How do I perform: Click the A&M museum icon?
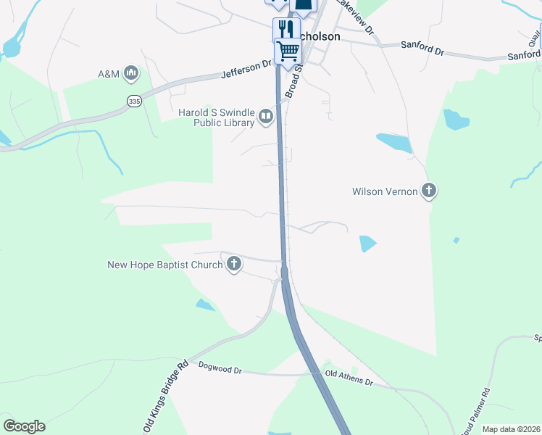[131, 72]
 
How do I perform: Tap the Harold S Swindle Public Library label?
[217, 117]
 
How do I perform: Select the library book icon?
[267, 116]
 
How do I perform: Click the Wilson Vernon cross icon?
[429, 191]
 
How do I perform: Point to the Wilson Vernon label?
[385, 192]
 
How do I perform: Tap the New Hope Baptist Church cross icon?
[234, 265]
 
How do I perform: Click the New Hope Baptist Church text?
[165, 265]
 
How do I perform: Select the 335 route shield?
[133, 101]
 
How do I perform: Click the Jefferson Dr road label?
[247, 67]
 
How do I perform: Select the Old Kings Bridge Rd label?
[167, 396]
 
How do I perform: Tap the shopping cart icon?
[288, 51]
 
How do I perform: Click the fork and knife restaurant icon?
[285, 30]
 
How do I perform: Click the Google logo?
[24, 426]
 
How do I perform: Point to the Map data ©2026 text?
[511, 429]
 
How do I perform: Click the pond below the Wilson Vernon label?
[368, 244]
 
